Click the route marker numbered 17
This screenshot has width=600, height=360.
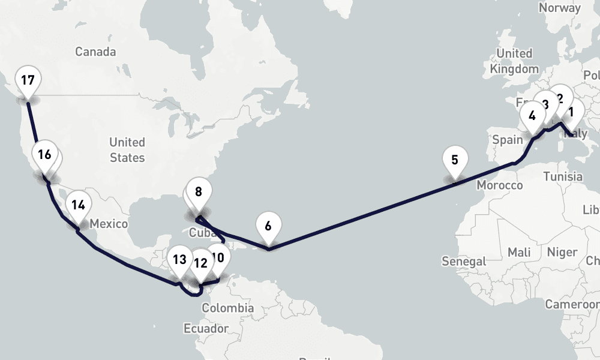28,80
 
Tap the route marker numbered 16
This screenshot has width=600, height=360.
44,155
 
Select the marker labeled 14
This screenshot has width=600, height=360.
77,205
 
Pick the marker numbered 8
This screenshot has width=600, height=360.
199,193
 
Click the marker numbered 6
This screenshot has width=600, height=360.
268,226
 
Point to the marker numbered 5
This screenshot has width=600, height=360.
454,160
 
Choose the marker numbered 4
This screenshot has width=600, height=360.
532,116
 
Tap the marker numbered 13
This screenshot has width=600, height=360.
179,260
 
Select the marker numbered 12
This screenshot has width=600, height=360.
200,263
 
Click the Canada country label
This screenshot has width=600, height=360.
95,52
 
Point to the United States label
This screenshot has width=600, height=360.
127,150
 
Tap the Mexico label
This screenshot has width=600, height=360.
109,224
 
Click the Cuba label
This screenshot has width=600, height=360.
202,232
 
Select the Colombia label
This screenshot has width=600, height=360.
227,308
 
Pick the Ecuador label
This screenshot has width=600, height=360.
206,329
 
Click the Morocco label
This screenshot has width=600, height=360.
500,185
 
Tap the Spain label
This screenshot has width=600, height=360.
508,140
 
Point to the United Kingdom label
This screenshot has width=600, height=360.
514,61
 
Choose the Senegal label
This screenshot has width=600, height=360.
463,262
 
